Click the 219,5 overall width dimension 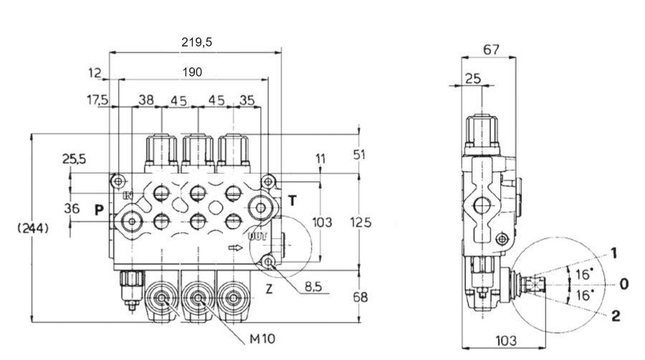(196, 42)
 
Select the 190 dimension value (192, 72)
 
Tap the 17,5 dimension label (97, 100)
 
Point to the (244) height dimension (33, 229)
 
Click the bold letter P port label (99, 210)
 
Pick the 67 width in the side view (491, 50)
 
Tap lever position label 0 (623, 284)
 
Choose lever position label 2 (615, 316)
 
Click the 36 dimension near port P (71, 209)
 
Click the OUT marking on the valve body (258, 236)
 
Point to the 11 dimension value (320, 157)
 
